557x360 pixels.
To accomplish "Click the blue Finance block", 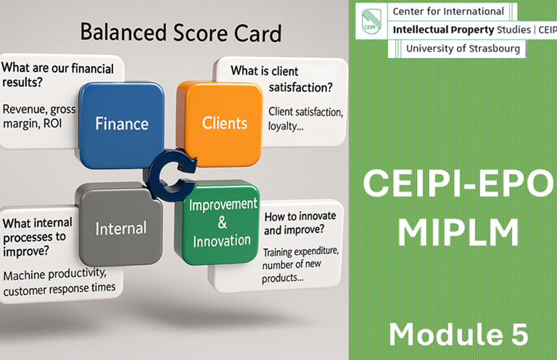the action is [122, 125].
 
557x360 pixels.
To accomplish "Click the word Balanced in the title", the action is [123, 33].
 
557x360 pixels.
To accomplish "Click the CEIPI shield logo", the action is [371, 20].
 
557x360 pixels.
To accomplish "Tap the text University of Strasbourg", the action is [463, 49].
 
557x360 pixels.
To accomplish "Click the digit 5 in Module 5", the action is [519, 334].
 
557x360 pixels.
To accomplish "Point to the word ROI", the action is [52, 123].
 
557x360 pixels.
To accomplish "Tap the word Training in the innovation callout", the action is [278, 253].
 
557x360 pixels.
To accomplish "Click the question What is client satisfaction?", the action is [281, 79].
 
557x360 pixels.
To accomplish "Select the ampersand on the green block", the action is [222, 223].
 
